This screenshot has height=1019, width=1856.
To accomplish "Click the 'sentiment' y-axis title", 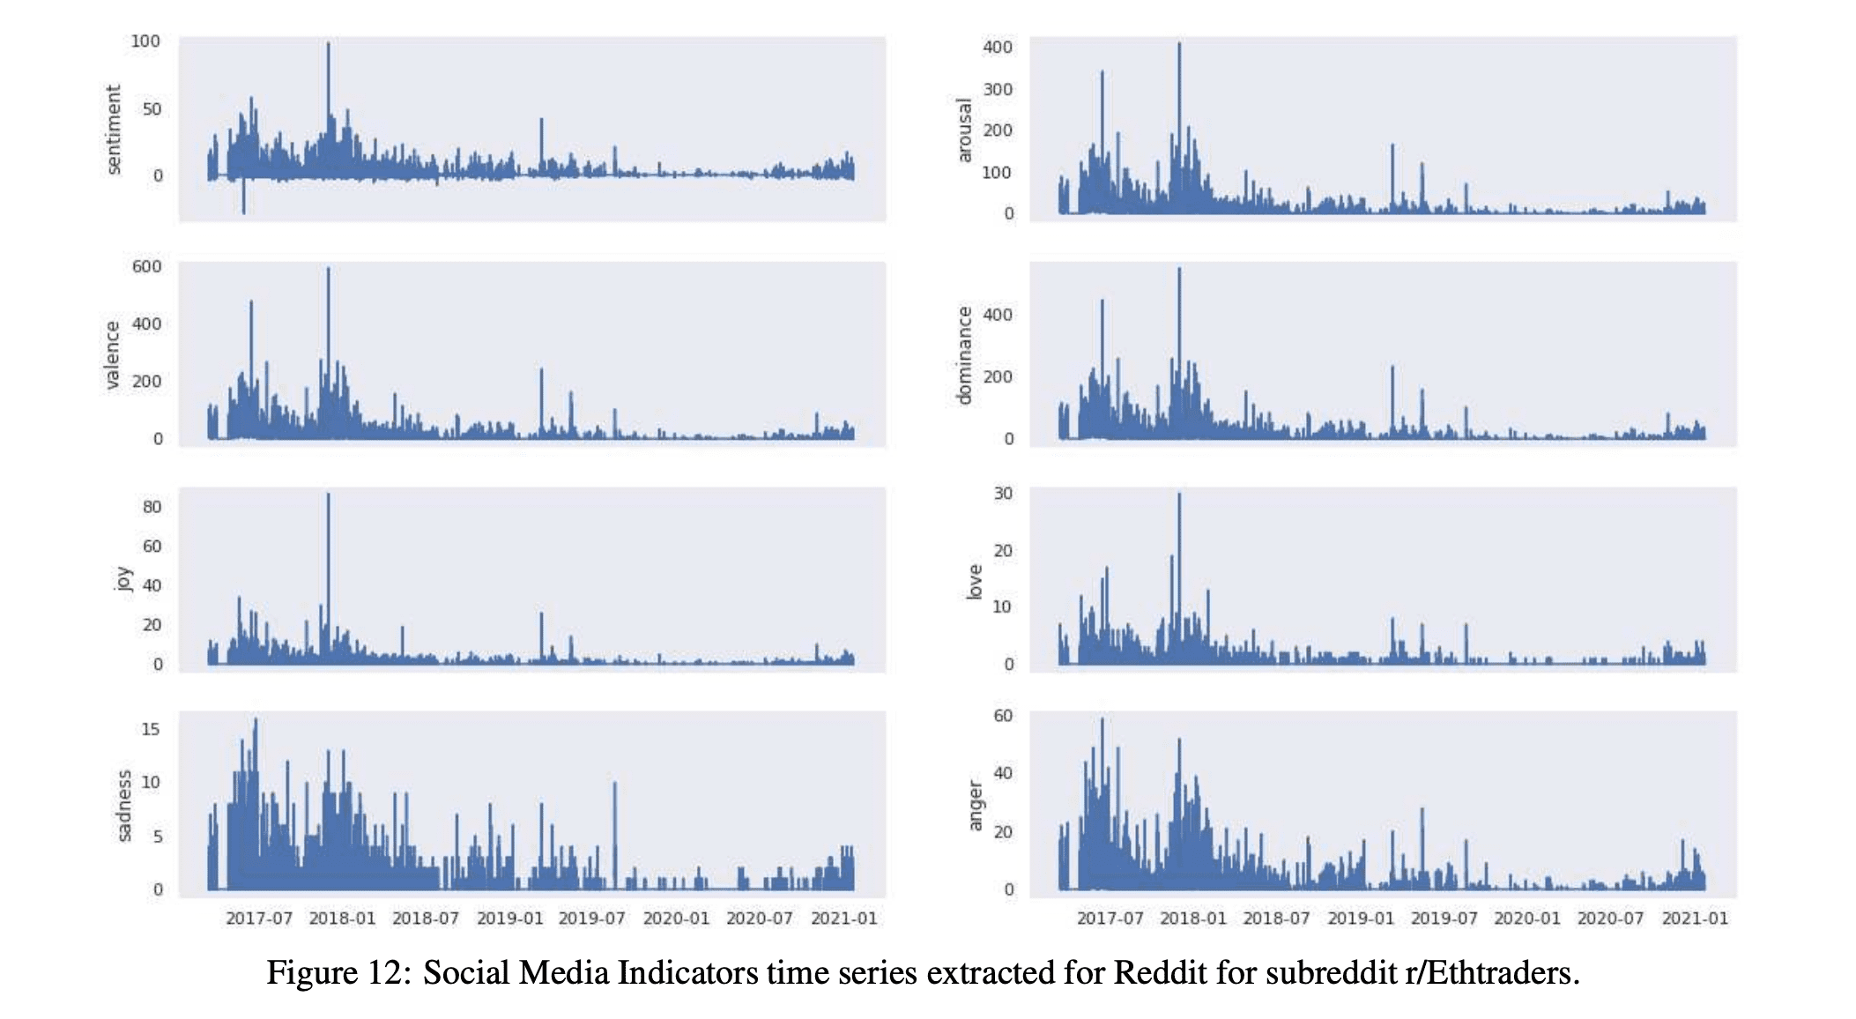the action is [113, 130].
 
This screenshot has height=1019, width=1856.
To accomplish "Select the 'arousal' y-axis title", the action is [964, 130].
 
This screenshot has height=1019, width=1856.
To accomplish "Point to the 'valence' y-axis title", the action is [112, 354].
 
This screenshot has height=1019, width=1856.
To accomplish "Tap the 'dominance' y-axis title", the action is [964, 355].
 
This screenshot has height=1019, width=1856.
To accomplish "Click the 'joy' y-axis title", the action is [123, 579].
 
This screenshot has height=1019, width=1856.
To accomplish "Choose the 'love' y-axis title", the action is [974, 582].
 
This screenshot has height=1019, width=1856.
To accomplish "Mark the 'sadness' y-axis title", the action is [124, 806].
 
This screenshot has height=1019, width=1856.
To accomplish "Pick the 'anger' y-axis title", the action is [975, 805].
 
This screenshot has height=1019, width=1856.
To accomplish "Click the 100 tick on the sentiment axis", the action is [145, 41].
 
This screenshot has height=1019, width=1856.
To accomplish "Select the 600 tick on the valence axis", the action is [146, 266].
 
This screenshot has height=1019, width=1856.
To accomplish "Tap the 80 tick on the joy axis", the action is [152, 507].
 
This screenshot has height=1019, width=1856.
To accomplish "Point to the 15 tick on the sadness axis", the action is [151, 730].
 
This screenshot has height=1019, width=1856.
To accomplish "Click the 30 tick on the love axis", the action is [1003, 494].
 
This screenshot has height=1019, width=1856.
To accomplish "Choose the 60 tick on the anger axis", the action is [1003, 716].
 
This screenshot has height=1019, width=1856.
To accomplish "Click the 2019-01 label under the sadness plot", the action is [509, 919].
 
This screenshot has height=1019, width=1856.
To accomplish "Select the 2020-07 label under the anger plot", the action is [1610, 919].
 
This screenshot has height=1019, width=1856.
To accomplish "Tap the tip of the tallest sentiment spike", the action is [329, 42].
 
